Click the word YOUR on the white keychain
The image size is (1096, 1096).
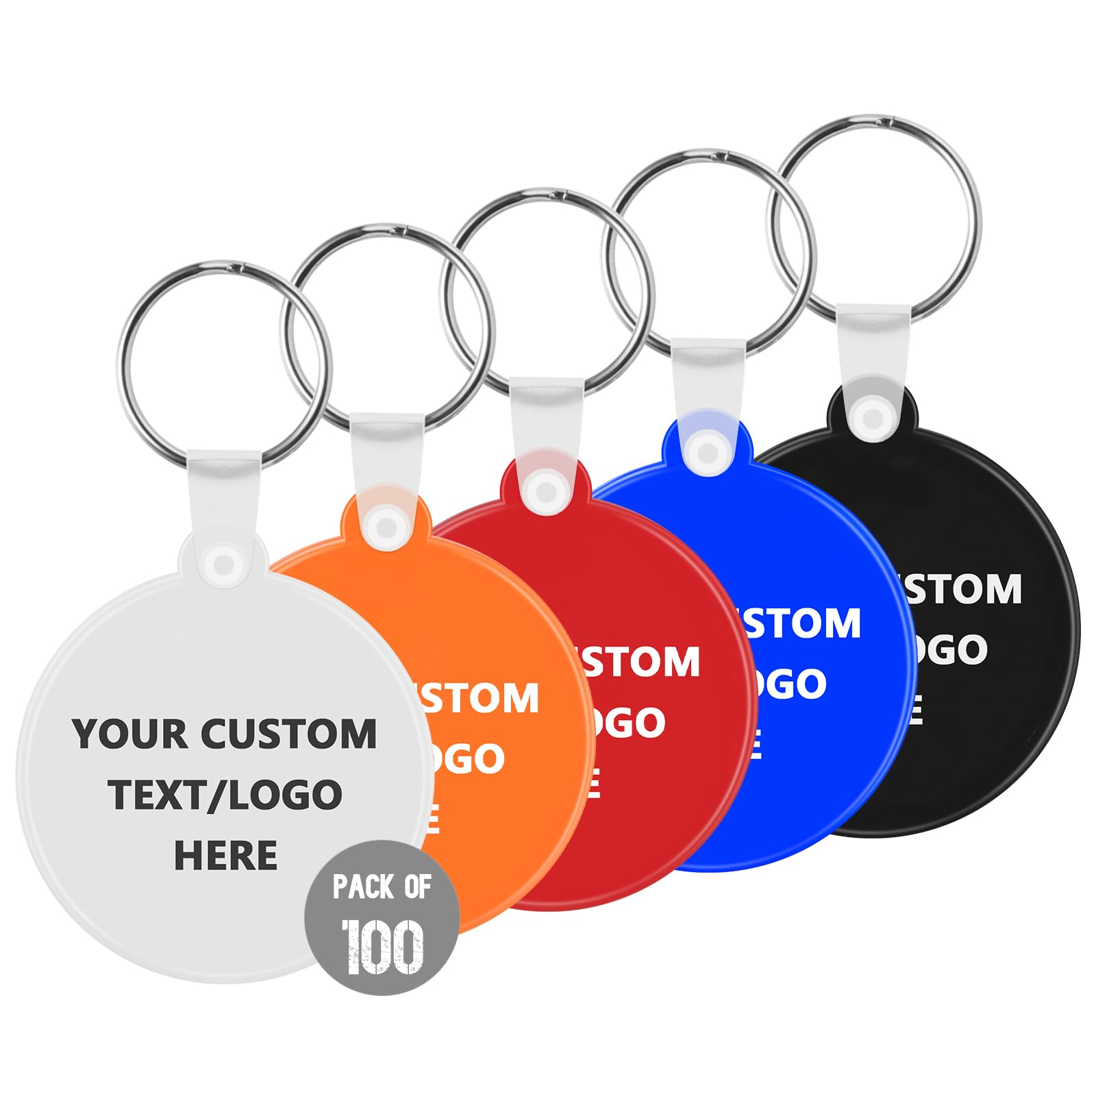[x=130, y=734]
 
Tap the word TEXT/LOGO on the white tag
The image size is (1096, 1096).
[x=225, y=795]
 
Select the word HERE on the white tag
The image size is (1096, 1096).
[x=225, y=856]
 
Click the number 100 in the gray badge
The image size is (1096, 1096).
[x=383, y=947]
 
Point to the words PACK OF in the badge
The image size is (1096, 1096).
[x=382, y=886]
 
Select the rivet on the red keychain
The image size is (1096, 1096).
[x=546, y=491]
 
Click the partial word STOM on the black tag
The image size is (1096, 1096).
[x=962, y=589]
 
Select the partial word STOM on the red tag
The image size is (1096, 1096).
[x=640, y=662]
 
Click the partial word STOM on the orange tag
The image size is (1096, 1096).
[x=480, y=699]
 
